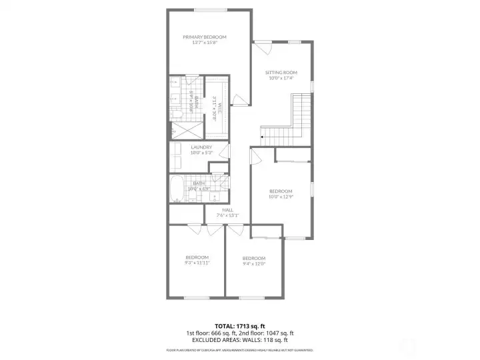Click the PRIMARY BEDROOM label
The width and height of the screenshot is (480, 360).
(x=205, y=37)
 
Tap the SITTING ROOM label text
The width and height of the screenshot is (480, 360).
(x=281, y=72)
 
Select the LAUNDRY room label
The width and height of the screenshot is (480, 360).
(x=201, y=147)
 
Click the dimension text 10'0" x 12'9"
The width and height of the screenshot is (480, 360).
(x=281, y=197)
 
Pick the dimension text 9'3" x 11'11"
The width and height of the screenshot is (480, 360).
(x=197, y=263)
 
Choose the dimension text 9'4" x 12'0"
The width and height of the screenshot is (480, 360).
(x=254, y=263)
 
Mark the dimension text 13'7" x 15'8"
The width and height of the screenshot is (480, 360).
(x=205, y=43)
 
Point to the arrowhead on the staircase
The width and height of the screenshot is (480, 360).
(x=262, y=138)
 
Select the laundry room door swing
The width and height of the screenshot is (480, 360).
(x=225, y=151)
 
